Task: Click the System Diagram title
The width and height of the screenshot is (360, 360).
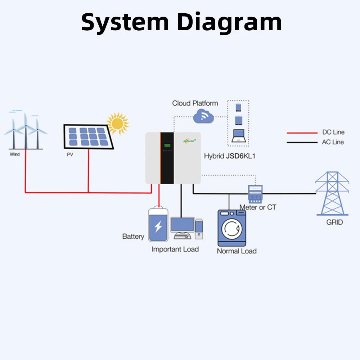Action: pos(181,22)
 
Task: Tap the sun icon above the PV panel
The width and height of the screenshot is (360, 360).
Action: pos(117,123)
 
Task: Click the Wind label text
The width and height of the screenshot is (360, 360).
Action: pos(15,154)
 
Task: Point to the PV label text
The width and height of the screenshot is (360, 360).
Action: pos(70,154)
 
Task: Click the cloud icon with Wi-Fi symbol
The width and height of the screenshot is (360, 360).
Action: pos(203,116)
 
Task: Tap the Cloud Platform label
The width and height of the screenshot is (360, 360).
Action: pos(195,103)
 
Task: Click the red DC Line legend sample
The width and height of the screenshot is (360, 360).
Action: pos(302,133)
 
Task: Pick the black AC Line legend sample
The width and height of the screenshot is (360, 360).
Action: pos(302,143)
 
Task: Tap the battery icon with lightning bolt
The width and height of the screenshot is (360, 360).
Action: pos(158,225)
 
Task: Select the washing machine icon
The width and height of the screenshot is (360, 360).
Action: pos(232,228)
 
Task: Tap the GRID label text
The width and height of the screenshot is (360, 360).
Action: pos(334,222)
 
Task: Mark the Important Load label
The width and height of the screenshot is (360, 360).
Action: pos(175,249)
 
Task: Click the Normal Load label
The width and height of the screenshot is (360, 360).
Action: pos(237,251)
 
